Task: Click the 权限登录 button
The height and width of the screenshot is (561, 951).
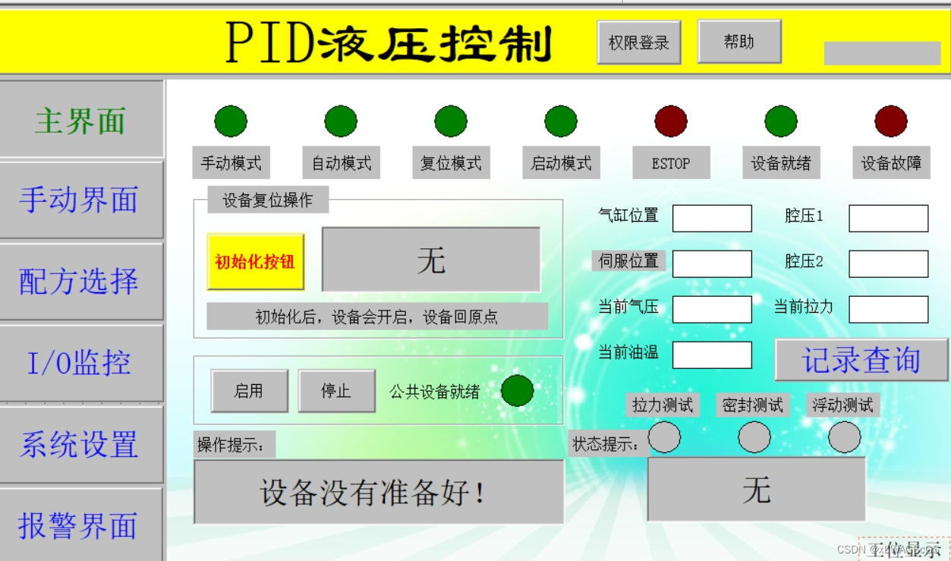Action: tap(638, 43)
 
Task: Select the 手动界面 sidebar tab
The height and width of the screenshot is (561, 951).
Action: tap(80, 200)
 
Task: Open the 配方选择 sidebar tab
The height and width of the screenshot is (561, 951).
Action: tap(80, 282)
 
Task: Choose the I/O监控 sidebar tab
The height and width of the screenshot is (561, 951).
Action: tap(80, 363)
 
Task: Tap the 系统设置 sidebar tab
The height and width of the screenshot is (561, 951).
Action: tap(80, 445)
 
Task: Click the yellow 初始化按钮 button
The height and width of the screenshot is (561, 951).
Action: tap(255, 262)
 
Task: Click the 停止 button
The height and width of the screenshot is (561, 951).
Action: tap(336, 391)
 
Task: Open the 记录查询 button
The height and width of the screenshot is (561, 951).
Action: tap(861, 360)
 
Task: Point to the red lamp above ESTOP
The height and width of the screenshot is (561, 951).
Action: tap(671, 121)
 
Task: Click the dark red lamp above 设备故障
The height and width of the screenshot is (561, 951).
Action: tap(891, 121)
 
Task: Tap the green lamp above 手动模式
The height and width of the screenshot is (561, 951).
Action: tap(231, 121)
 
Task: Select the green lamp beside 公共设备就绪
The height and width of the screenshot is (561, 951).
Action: tap(518, 391)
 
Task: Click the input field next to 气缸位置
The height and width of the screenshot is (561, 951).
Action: tap(712, 219)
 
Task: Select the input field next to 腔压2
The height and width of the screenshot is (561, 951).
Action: tap(888, 264)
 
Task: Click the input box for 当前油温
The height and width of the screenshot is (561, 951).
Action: tap(712, 355)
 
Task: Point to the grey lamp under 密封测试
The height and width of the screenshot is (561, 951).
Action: tap(754, 437)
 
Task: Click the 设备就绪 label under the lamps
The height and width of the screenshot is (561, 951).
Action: tap(781, 163)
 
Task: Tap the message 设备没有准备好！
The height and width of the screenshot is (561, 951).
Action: tap(378, 493)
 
